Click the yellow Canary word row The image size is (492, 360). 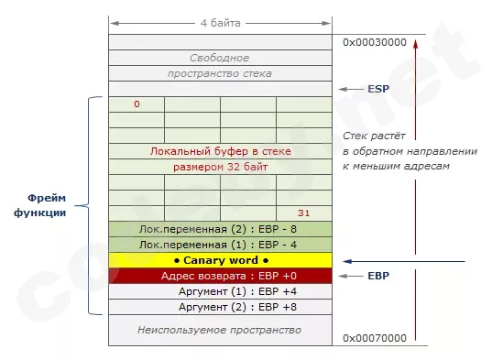click(x=221, y=261)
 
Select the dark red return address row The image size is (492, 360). click(x=221, y=276)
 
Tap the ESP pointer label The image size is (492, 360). click(x=378, y=90)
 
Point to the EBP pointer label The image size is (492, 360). click(x=379, y=275)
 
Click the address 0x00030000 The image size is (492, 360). click(x=373, y=42)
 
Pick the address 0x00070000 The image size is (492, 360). click(x=373, y=338)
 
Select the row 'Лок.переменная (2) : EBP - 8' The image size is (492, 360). click(x=221, y=229)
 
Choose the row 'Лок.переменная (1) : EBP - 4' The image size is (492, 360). click(x=221, y=245)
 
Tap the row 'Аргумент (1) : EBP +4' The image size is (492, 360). click(x=221, y=291)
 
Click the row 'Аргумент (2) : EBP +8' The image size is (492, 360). click(x=221, y=307)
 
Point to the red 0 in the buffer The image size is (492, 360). click(x=137, y=104)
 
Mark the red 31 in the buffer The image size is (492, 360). click(x=305, y=213)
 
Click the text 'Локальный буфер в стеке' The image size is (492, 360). click(x=221, y=151)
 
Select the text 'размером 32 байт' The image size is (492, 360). click(x=221, y=167)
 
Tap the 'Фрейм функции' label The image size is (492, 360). click(x=46, y=204)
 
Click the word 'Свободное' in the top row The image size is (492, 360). click(x=221, y=58)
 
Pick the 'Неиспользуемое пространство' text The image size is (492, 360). click(x=221, y=329)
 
